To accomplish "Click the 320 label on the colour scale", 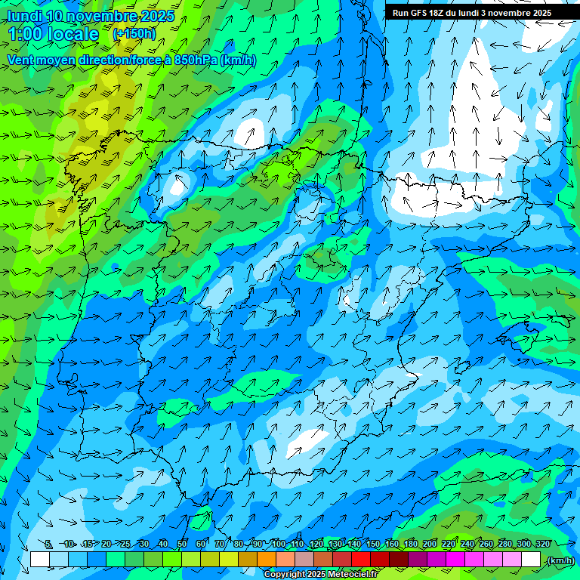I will click(541, 544).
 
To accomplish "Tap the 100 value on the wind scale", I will click(279, 544).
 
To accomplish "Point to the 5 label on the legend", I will click(48, 544).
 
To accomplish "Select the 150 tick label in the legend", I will click(373, 544).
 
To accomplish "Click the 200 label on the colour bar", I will click(430, 544).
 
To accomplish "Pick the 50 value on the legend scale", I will click(182, 544).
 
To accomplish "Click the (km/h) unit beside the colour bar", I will click(560, 560).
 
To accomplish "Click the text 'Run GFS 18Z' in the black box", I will click(418, 13).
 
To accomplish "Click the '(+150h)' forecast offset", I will click(134, 33).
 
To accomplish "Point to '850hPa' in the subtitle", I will click(196, 60).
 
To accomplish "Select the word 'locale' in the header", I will click(72, 34).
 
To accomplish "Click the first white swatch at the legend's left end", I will click(40, 560).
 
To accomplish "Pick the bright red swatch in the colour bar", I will click(362, 560).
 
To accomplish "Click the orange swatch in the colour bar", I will click(267, 560).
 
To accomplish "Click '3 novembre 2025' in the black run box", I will click(517, 13).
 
